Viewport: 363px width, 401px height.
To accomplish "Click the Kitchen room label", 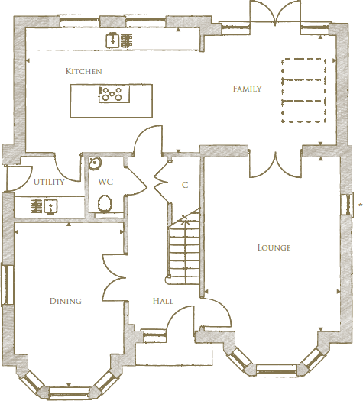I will pyautogui.click(x=84, y=71).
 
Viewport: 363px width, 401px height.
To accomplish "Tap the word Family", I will pyautogui.click(x=247, y=89).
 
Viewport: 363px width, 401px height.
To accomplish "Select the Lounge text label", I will pyautogui.click(x=274, y=247).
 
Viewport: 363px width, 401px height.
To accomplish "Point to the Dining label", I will pyautogui.click(x=66, y=301).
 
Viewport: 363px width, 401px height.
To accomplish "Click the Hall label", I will pyautogui.click(x=162, y=302).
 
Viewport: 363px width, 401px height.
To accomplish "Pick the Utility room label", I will pyautogui.click(x=49, y=183).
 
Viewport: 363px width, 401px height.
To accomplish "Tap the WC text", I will pyautogui.click(x=105, y=183).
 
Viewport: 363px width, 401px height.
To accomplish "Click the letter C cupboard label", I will pyautogui.click(x=185, y=186).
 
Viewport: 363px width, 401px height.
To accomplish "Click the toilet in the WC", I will pyautogui.click(x=105, y=203).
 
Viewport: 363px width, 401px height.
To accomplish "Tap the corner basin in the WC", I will pyautogui.click(x=94, y=163).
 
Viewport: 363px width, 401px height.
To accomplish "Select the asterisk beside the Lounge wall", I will pyautogui.click(x=359, y=204).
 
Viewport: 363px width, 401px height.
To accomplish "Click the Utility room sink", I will pyautogui.click(x=50, y=205).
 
